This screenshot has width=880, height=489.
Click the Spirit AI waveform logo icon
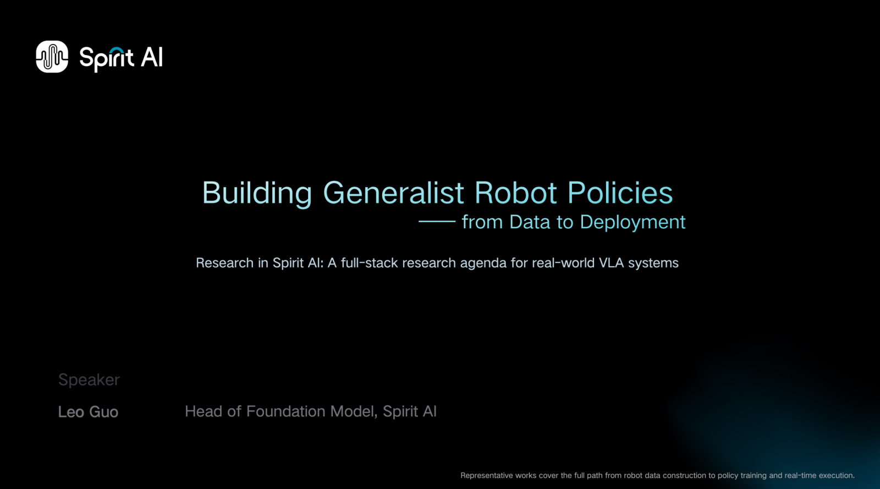tap(52, 57)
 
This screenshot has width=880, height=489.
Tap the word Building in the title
tap(257, 193)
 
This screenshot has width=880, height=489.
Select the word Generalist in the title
tap(393, 193)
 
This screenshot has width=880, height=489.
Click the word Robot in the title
tap(515, 193)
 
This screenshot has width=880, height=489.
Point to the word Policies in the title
tap(620, 193)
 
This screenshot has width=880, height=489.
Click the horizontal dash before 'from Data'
tap(437, 222)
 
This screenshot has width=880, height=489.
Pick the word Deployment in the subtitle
tap(632, 223)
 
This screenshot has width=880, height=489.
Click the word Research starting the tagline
tap(225, 263)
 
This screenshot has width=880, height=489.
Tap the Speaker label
tap(89, 380)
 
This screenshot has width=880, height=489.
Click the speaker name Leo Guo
tap(88, 412)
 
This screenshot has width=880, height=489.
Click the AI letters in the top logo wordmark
tap(151, 58)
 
